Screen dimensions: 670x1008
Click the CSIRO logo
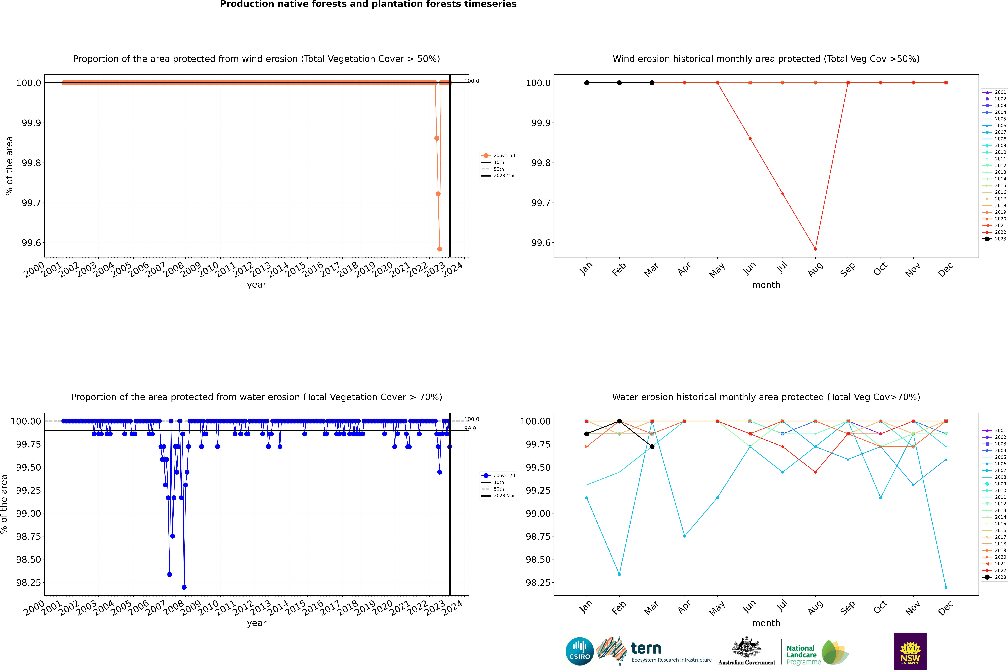(579, 651)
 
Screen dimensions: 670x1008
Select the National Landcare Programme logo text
(802, 655)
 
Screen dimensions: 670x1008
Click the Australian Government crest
(747, 649)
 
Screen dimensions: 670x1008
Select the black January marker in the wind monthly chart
(587, 83)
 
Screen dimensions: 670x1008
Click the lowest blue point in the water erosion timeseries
(184, 587)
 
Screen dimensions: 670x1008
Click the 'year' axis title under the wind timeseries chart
(256, 285)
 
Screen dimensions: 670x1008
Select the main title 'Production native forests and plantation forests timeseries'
(368, 4)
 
